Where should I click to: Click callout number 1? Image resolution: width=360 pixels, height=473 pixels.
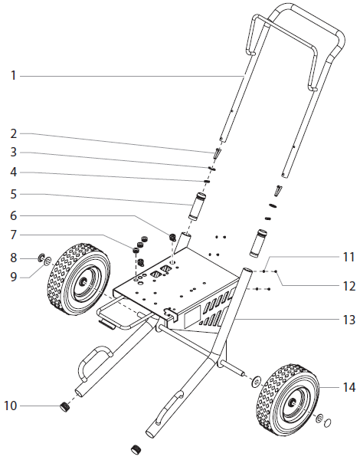pos(14,75)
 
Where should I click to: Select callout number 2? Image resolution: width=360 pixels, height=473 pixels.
pos(14,133)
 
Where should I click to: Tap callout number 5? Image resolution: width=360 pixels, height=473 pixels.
pos(14,195)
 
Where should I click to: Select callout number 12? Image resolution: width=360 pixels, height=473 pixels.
pos(348,287)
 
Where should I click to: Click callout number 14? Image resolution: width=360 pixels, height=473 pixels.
pos(348,388)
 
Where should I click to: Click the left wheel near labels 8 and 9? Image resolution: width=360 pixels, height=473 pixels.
pos(81,279)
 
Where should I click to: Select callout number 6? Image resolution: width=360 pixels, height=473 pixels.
pos(14,215)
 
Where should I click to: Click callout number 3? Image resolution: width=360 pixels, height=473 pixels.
pos(14,153)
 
